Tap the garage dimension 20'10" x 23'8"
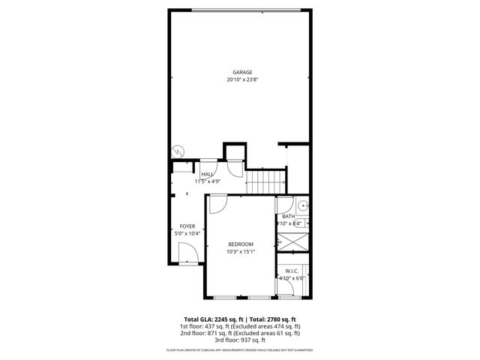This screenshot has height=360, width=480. pos(242,79)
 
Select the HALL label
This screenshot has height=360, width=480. pos(206,174)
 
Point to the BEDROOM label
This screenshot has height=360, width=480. pos(241,244)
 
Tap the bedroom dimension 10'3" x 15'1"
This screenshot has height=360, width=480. pos(241,252)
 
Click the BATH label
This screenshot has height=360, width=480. pos(289,216)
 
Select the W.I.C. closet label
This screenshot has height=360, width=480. pos(292,271)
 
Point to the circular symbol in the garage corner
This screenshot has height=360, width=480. pos(178,150)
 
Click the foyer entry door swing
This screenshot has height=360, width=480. pos(190,254)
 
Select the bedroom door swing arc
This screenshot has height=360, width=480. pos(218,204)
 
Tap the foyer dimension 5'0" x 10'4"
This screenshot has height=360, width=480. pos(187,234)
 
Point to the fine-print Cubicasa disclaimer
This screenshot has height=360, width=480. pos(240,350)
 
